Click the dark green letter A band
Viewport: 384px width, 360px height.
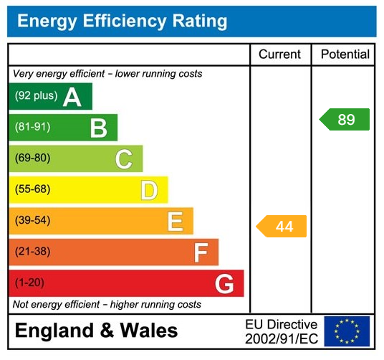click(x=50, y=96)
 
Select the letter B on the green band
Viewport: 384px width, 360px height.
click(x=99, y=128)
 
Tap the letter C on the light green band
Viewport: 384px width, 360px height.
click(x=124, y=158)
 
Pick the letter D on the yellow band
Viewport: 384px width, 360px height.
click(x=149, y=190)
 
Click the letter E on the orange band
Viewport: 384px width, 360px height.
click(x=175, y=221)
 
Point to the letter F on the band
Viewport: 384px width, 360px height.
click(x=201, y=252)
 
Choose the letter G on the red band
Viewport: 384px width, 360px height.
click(x=224, y=284)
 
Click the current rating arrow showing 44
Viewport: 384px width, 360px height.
click(x=282, y=226)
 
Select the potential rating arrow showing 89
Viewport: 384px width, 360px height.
click(x=345, y=120)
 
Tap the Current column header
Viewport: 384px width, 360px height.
click(x=280, y=55)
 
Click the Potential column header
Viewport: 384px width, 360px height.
click(x=345, y=55)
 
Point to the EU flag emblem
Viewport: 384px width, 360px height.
click(x=347, y=331)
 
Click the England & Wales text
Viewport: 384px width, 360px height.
click(x=96, y=331)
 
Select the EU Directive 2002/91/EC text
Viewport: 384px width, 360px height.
click(x=281, y=331)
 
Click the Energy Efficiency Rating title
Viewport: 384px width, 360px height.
click(x=122, y=22)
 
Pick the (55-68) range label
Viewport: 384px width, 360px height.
click(x=33, y=190)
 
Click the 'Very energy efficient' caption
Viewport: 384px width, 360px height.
click(x=107, y=74)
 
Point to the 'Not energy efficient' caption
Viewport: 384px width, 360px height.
click(x=107, y=305)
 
